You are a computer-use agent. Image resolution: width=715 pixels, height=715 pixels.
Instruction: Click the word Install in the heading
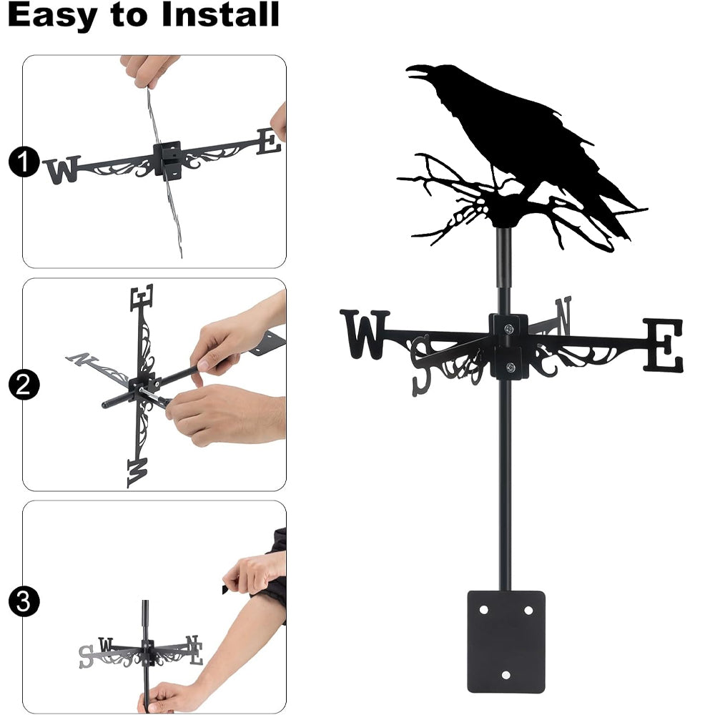(220, 14)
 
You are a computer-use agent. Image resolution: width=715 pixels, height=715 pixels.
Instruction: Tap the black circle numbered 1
(24, 162)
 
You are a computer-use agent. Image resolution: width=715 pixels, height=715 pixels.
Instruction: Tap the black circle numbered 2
(24, 385)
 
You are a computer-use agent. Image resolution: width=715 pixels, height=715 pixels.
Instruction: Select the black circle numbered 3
(24, 601)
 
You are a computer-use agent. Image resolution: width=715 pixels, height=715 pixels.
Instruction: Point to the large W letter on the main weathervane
(365, 334)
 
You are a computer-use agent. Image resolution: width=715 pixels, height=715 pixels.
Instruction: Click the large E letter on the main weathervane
(664, 345)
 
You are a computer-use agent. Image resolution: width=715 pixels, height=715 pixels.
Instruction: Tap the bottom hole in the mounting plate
(506, 675)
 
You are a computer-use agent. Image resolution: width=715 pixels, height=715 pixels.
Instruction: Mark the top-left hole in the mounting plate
(484, 610)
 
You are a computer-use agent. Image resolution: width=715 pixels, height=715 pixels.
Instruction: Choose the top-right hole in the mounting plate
(528, 610)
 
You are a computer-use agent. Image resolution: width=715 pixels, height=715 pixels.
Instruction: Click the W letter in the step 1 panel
(61, 170)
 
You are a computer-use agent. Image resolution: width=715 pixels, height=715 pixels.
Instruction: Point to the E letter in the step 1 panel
(269, 141)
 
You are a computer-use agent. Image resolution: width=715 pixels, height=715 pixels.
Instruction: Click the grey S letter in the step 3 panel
(86, 656)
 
